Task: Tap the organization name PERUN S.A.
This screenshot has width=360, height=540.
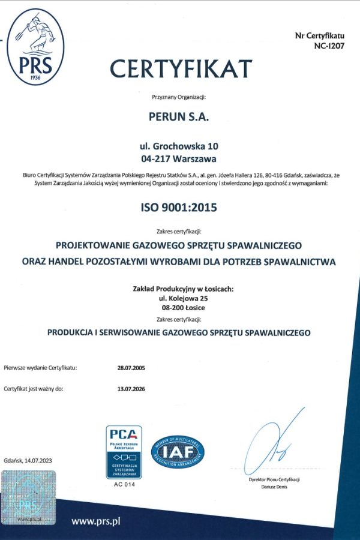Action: click(x=179, y=118)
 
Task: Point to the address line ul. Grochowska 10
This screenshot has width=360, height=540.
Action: click(x=178, y=146)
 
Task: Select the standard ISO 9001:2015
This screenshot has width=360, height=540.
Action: click(x=178, y=208)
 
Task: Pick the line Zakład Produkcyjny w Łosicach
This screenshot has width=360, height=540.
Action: click(x=179, y=289)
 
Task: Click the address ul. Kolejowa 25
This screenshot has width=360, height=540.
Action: click(x=179, y=298)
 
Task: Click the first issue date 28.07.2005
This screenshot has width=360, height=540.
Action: click(x=131, y=367)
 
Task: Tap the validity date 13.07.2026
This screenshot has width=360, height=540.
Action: click(x=131, y=389)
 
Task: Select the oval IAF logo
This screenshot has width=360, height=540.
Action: click(x=178, y=452)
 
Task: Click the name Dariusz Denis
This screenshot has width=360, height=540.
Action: click(x=274, y=487)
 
